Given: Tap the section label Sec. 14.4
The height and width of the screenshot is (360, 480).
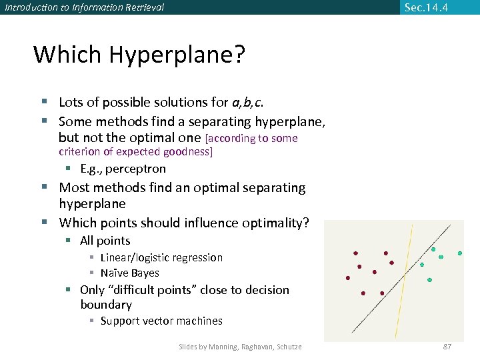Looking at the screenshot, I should point(426,7).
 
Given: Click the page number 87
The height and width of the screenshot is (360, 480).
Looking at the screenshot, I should point(447,347).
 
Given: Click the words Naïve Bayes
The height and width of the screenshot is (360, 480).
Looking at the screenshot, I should point(129,273).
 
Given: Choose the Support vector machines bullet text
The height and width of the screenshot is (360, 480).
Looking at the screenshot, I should point(161,321).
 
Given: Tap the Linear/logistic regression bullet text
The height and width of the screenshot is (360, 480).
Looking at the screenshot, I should point(161,257).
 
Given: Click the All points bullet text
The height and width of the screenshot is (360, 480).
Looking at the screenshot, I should point(105,241).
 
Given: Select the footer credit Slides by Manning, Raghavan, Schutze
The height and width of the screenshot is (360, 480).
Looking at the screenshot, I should point(240,347).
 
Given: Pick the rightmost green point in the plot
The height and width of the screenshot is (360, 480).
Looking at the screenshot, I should point(460,253).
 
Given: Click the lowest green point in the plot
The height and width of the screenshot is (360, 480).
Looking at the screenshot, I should point(429,280).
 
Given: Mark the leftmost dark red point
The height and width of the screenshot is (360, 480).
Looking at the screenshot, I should point(348,278).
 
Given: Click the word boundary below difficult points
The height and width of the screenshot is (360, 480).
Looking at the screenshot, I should point(106,305).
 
